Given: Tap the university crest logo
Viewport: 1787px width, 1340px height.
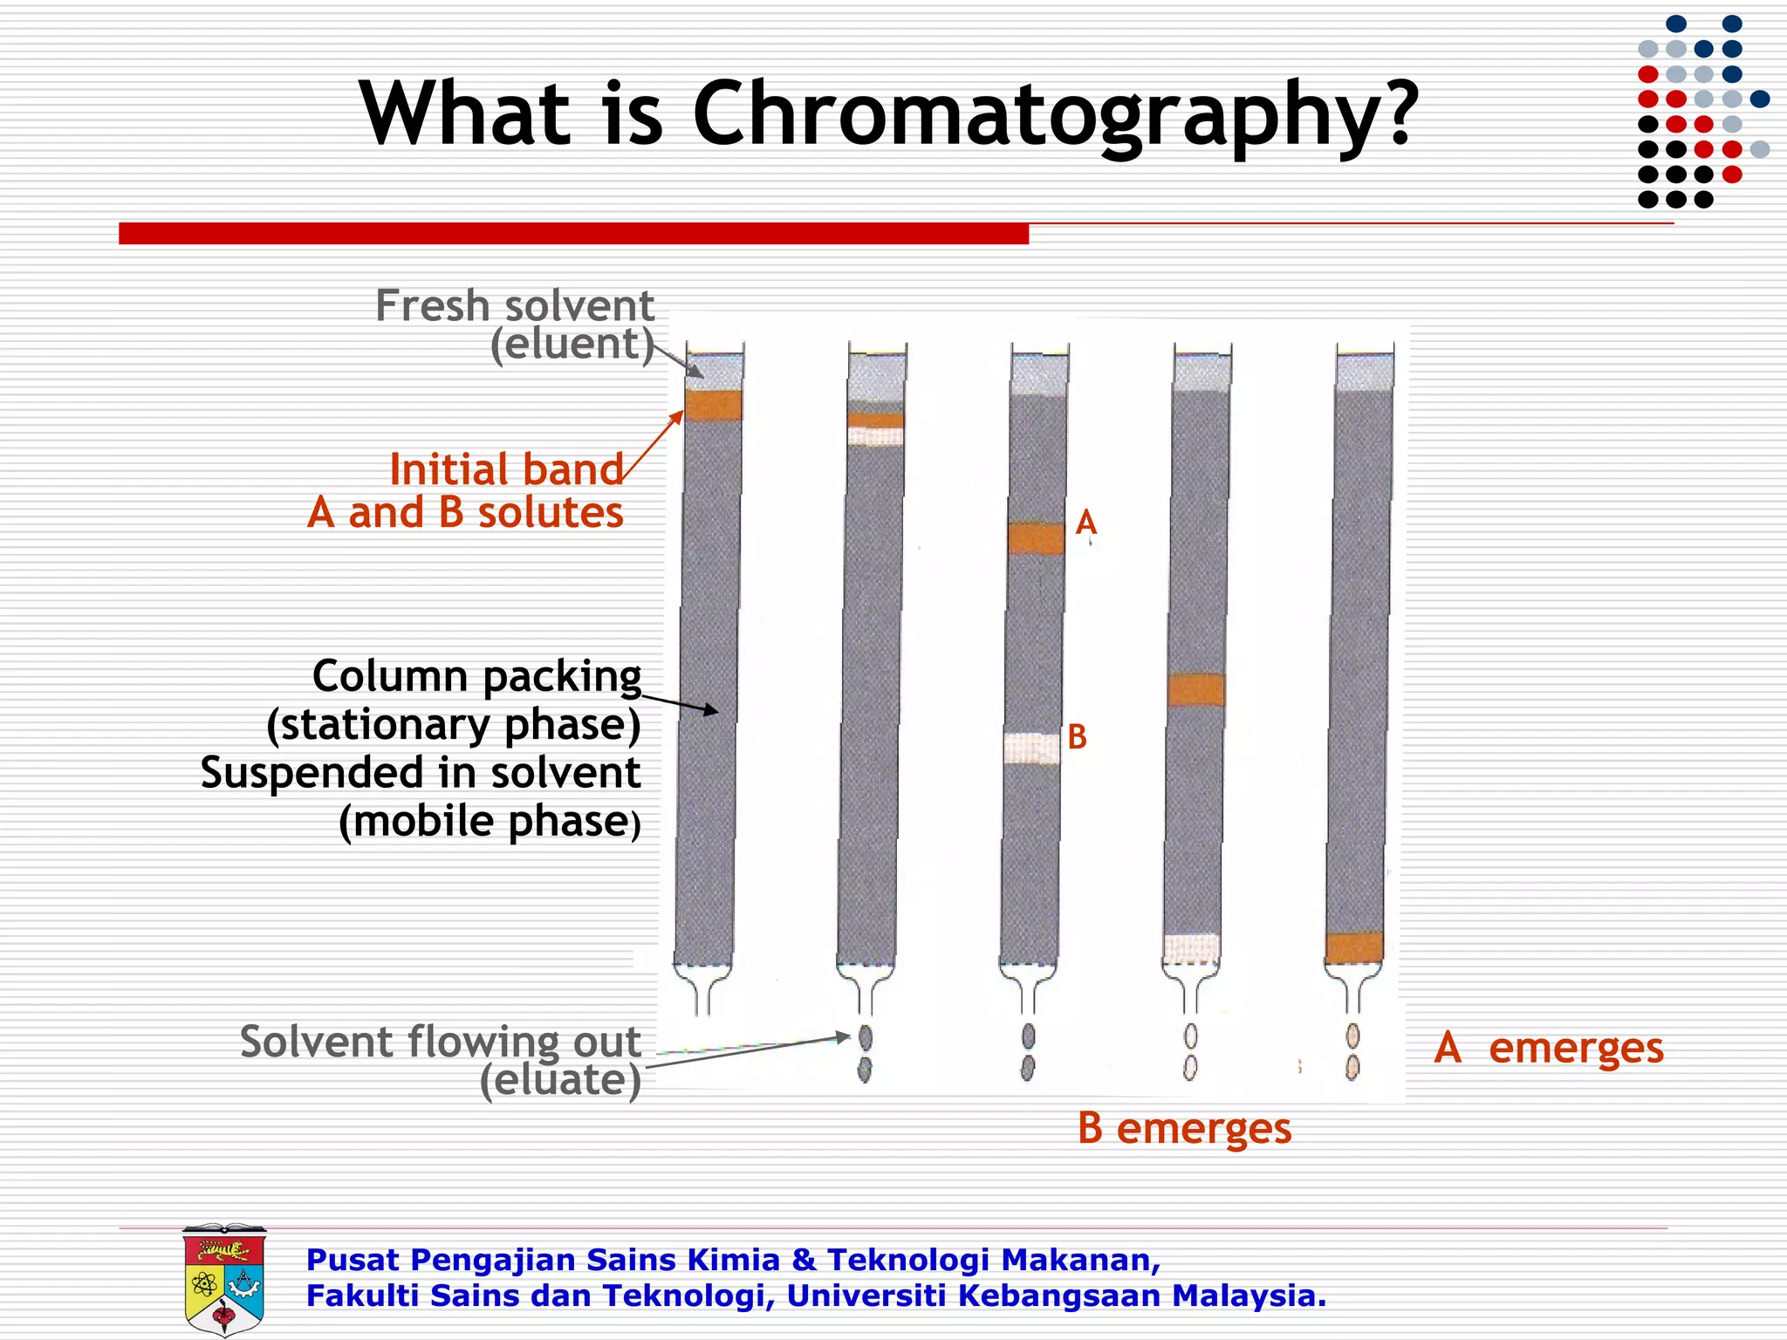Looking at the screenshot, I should tap(224, 1279).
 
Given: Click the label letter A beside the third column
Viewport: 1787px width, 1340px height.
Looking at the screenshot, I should tap(1085, 523).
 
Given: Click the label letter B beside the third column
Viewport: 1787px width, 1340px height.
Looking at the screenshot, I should tap(1077, 737).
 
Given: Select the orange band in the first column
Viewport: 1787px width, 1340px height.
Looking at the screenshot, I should tap(713, 406).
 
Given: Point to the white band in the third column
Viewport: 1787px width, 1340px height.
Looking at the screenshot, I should tap(1031, 749).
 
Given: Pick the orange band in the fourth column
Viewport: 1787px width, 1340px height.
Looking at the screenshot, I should tap(1195, 689).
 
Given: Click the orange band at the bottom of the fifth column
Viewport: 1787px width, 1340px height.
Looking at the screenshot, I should tap(1353, 947).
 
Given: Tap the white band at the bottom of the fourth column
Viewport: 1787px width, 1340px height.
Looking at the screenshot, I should tap(1191, 948).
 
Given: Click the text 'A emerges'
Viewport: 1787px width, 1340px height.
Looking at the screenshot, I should tap(1548, 1047).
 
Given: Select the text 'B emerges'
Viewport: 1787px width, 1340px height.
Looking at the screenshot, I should tap(1183, 1127).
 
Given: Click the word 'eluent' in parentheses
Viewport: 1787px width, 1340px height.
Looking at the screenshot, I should tap(572, 343).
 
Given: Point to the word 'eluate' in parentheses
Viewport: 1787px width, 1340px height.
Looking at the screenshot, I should tap(560, 1079).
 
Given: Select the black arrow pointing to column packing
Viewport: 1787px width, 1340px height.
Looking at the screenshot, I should tap(681, 703).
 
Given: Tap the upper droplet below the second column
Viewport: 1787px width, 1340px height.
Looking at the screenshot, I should tap(865, 1037).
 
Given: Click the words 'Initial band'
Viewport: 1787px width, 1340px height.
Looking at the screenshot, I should tap(506, 469).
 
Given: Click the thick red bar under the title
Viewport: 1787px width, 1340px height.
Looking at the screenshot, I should tap(573, 233).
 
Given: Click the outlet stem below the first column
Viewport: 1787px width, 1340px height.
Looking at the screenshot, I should tap(702, 995).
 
